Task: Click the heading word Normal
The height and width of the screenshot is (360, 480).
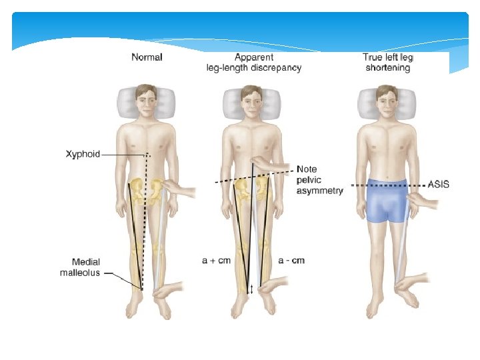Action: (x=147, y=57)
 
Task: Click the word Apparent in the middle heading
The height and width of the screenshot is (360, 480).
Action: (x=253, y=57)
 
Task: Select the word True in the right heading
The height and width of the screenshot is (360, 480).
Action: (x=372, y=57)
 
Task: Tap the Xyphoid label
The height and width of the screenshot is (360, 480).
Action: (x=83, y=154)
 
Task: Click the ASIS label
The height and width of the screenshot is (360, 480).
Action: (x=437, y=184)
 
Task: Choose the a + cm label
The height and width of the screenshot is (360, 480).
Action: (x=216, y=260)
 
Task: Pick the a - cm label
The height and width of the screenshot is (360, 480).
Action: (x=291, y=260)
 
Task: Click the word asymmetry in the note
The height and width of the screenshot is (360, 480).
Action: (x=320, y=191)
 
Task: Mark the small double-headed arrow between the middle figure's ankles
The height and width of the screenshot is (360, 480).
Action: (x=251, y=289)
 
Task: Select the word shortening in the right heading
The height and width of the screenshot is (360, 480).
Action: (x=387, y=67)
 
